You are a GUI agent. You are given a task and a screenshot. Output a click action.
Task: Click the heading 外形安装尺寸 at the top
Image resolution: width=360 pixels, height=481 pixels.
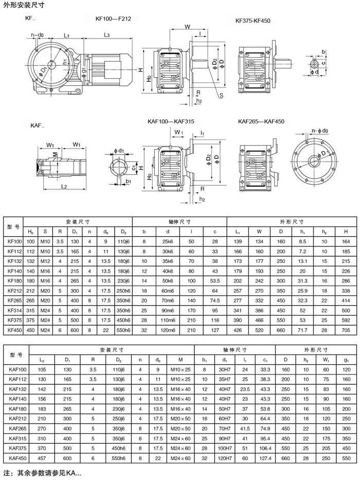(x=24, y=6)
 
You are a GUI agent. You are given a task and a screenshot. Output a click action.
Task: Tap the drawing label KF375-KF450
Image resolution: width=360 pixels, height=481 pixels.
(x=253, y=21)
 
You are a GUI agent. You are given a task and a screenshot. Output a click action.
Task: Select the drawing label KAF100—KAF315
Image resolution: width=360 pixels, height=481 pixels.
(x=171, y=121)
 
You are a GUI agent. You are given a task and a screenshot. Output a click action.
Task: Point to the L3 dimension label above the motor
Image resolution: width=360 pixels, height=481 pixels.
(x=106, y=35)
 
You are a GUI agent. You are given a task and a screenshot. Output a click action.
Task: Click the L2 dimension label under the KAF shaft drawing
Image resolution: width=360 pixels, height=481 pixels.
(x=64, y=186)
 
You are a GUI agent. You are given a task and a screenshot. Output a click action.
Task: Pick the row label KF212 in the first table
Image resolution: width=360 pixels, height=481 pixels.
(x=15, y=291)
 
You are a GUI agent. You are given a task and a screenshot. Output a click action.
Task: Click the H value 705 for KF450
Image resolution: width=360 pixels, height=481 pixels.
(x=346, y=330)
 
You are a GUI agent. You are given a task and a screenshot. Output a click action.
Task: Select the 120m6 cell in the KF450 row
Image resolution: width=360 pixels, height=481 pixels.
(x=168, y=330)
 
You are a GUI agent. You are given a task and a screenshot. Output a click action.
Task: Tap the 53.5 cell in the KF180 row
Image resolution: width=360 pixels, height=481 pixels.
(x=215, y=281)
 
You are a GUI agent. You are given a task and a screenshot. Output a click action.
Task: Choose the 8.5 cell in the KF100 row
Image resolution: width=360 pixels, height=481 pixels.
(x=303, y=241)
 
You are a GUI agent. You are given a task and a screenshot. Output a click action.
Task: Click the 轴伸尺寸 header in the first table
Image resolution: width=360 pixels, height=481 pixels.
(x=179, y=222)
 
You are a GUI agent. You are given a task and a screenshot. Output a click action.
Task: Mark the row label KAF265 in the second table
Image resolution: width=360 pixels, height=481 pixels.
(x=18, y=429)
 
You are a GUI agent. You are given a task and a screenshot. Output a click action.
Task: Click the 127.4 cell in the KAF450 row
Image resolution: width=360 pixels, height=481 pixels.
(x=265, y=458)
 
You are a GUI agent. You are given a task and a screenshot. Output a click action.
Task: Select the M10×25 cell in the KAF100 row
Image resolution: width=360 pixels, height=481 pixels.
(x=181, y=370)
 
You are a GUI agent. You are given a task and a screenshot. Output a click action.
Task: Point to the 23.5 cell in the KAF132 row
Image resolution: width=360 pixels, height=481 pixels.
(x=245, y=389)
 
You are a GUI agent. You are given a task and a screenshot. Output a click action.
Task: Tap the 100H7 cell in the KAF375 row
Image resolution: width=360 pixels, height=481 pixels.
(x=225, y=449)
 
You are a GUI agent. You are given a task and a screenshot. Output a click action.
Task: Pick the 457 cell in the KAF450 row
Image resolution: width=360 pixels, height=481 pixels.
(x=42, y=458)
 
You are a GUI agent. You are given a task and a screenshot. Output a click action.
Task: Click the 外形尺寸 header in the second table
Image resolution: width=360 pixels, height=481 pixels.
(x=316, y=350)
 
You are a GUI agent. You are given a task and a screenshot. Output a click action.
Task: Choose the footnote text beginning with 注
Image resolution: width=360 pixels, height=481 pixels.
(x=43, y=473)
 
